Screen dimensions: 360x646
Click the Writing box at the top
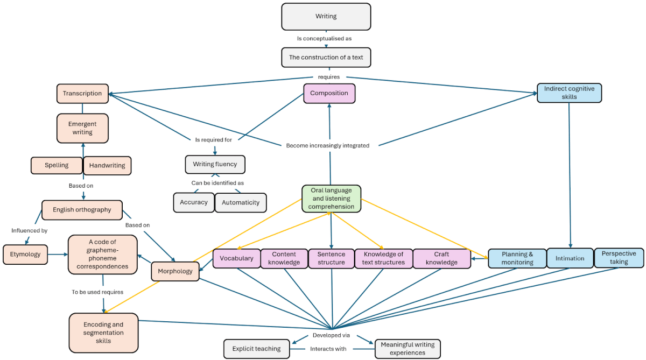(x=326, y=17)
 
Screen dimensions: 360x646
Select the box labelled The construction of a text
(x=326, y=57)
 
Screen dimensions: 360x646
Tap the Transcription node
(x=82, y=94)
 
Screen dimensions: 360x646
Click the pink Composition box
(x=329, y=93)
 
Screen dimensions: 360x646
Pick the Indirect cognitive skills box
(x=569, y=93)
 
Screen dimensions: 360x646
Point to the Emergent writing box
(x=82, y=128)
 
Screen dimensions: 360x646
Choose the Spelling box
(x=57, y=165)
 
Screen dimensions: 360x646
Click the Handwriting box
(x=107, y=166)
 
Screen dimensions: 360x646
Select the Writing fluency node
(x=215, y=165)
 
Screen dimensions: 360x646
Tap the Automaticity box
(x=241, y=203)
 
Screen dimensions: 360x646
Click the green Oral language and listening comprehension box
(x=331, y=199)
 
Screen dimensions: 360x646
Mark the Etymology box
(x=25, y=255)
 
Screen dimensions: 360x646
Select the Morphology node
(x=175, y=271)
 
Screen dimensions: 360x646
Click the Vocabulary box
(x=236, y=258)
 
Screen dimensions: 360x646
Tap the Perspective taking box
(x=619, y=258)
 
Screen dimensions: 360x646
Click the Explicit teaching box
(x=256, y=349)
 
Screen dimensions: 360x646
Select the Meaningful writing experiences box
(x=408, y=349)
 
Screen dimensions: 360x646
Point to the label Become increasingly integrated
(x=328, y=145)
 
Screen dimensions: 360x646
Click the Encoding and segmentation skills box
(x=103, y=333)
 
